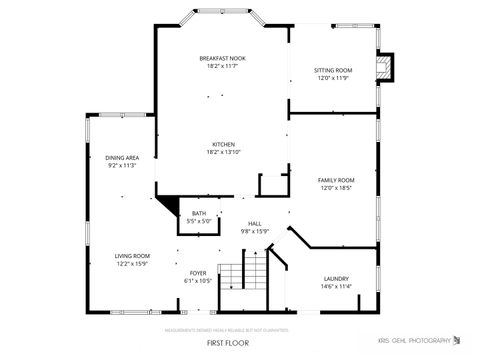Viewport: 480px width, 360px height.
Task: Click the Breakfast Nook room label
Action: pyautogui.click(x=222, y=58)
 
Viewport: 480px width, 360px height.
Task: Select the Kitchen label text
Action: pyautogui.click(x=222, y=144)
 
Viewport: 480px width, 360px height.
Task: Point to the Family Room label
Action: pyautogui.click(x=337, y=180)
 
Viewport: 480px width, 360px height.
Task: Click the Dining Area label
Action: pyautogui.click(x=122, y=158)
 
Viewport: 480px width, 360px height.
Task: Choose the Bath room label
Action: pyautogui.click(x=199, y=213)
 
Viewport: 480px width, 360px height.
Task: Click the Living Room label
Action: pyautogui.click(x=131, y=256)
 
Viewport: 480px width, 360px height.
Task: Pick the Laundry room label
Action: pyautogui.click(x=336, y=279)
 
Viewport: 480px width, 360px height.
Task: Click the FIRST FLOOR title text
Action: pyautogui.click(x=228, y=342)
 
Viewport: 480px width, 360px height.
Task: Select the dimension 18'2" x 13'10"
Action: pyautogui.click(x=222, y=151)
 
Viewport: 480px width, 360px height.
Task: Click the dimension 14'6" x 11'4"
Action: pyautogui.click(x=336, y=287)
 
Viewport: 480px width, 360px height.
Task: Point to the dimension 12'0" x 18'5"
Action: pyautogui.click(x=337, y=187)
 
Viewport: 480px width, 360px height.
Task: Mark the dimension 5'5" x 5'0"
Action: pyautogui.click(x=199, y=220)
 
